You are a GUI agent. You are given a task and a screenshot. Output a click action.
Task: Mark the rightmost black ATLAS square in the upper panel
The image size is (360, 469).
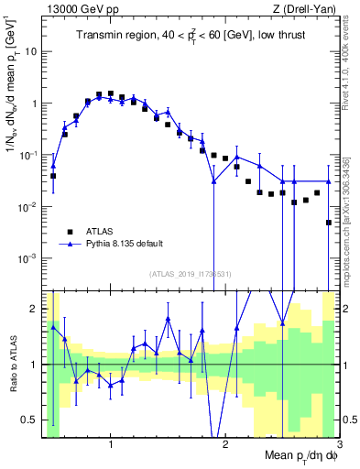[328, 223]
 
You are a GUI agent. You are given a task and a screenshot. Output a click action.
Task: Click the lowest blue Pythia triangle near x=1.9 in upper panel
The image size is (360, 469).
[213, 181]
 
